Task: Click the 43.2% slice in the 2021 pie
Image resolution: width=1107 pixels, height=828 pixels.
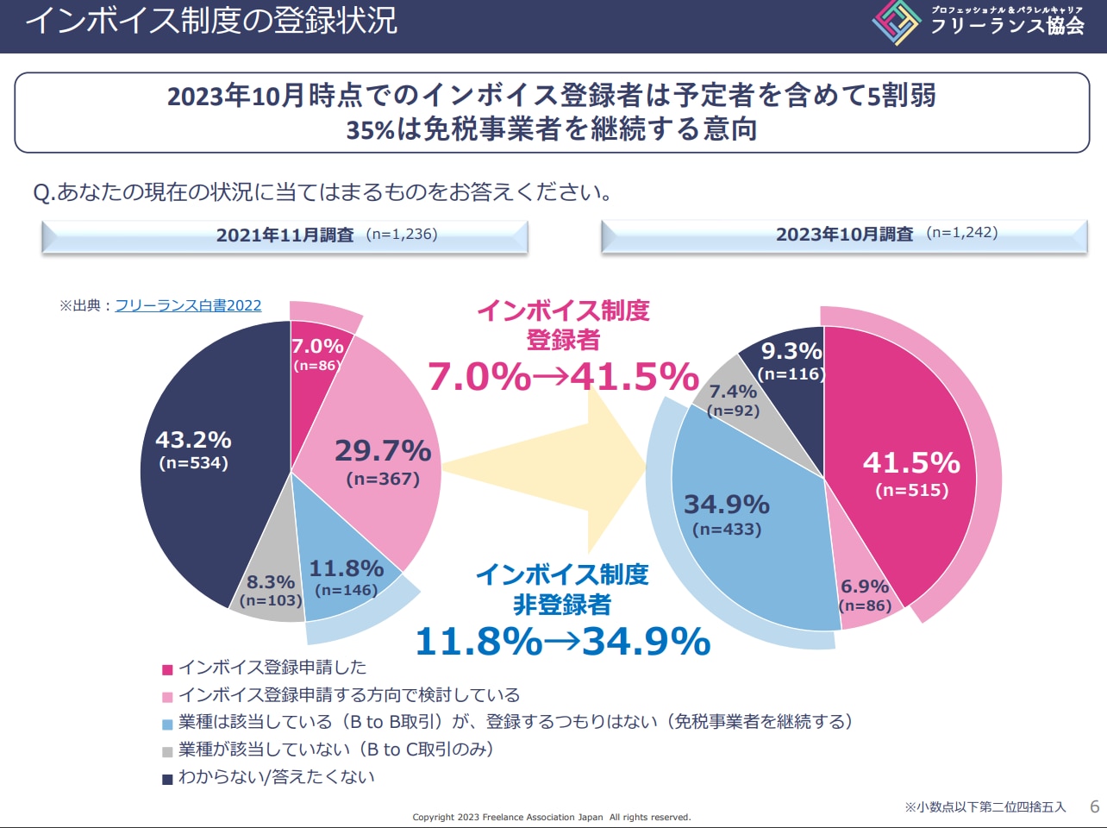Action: tap(207, 483)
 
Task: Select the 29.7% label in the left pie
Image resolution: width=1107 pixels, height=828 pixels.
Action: tap(383, 451)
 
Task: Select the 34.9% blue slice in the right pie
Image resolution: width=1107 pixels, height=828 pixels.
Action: tap(733, 517)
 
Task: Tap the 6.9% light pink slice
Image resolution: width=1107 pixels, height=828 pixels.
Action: tap(865, 595)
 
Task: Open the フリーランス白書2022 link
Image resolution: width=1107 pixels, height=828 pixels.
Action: tap(188, 305)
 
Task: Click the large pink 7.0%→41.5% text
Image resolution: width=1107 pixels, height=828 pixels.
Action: tap(563, 377)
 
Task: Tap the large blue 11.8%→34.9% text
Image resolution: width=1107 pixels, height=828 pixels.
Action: tap(562, 641)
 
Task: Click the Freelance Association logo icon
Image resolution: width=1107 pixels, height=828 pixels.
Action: tap(897, 22)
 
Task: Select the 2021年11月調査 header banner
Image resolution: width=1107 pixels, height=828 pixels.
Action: tap(285, 235)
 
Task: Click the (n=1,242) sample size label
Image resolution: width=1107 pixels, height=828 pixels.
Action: tap(962, 233)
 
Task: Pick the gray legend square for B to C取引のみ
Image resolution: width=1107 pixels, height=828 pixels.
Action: tap(167, 751)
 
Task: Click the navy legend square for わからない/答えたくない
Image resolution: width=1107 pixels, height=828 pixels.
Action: tap(167, 779)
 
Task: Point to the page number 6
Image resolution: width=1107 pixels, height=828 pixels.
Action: tap(1095, 807)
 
